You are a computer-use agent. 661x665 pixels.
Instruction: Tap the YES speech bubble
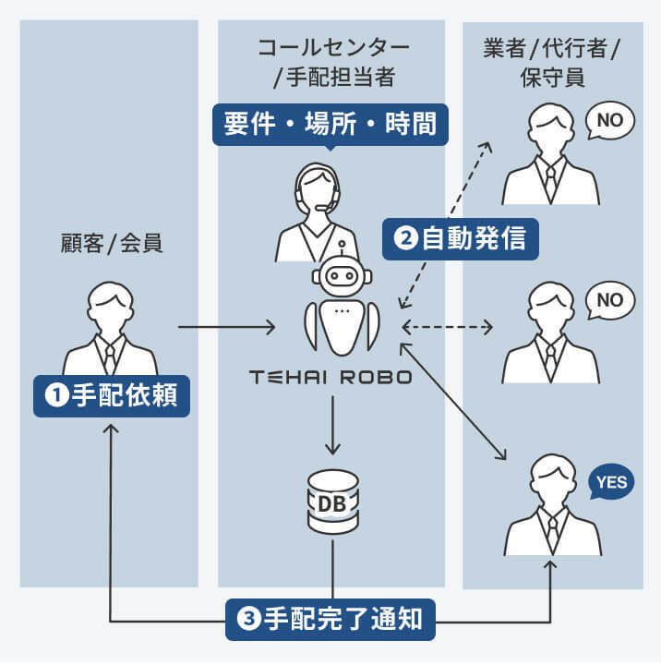point(611,482)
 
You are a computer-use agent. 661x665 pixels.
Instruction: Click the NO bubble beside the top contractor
point(610,120)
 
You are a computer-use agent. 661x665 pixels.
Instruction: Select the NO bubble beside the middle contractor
point(610,300)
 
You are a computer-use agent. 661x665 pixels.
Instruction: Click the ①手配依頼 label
point(112,395)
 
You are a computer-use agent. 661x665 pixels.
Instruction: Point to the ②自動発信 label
point(461,238)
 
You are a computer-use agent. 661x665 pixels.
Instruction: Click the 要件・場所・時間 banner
point(330,124)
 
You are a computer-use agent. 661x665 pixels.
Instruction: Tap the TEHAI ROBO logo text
point(330,378)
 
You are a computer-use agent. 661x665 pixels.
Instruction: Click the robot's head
point(343,275)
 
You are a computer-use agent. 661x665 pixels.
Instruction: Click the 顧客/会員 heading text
point(109,244)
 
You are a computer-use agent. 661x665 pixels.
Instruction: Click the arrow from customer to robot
point(226,327)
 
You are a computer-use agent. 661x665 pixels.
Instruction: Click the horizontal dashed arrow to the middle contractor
point(449,327)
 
